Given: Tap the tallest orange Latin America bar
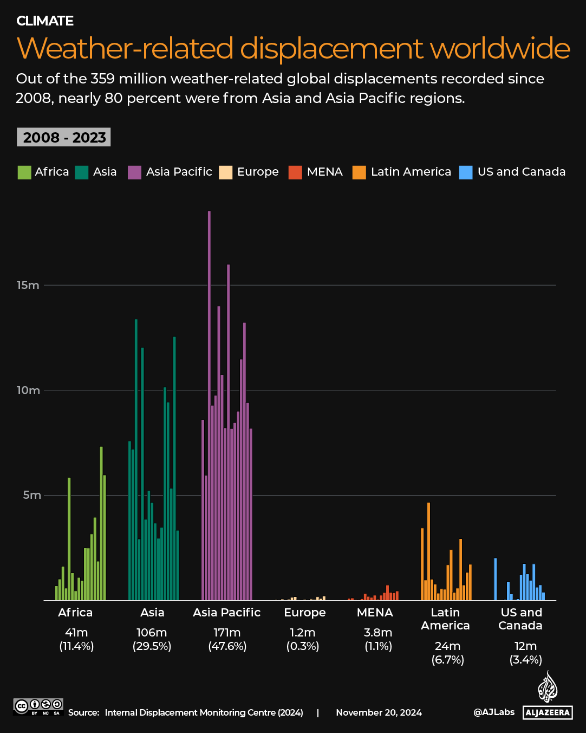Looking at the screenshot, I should point(428,551).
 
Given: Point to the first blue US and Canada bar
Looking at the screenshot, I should point(495,579).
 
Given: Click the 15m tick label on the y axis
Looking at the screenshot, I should point(28,285).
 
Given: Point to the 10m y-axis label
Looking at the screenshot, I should point(28,390).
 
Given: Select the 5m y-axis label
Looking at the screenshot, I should point(31,495).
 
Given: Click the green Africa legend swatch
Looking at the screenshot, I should point(24,172).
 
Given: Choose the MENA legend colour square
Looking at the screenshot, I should point(295,172).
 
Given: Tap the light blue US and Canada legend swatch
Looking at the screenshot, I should point(466,172).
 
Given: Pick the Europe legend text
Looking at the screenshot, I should point(258,172).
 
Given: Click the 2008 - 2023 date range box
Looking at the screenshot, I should point(64,137).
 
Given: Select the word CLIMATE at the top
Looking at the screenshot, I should point(45,21).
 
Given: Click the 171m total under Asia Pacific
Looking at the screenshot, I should point(227,633).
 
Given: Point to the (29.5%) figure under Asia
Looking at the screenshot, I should point(152,646).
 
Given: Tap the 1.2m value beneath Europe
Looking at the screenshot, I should point(302,633).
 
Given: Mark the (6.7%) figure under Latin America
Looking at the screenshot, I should point(447,660).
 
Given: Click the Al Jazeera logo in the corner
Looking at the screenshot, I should point(548,697).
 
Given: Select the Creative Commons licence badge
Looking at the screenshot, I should point(38,706).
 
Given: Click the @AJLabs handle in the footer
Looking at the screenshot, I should point(494,712).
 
